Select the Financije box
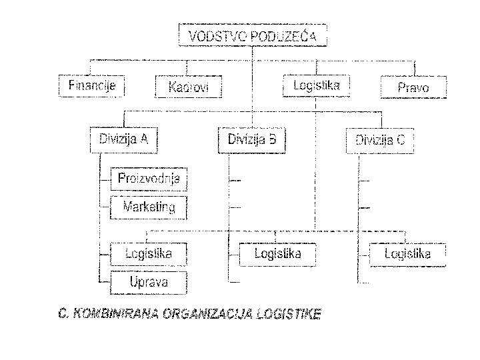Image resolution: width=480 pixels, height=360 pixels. pos(92,85)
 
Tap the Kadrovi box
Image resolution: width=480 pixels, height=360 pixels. pos(188,87)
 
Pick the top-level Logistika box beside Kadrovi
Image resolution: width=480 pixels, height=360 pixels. pos(316,85)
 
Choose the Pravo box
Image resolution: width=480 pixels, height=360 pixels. pos(413,87)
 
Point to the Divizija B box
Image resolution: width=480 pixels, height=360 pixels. pos(252,140)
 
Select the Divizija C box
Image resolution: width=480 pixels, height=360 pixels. pos(379,141)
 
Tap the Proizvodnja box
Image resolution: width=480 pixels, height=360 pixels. pos(148,179)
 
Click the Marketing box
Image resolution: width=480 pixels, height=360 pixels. pos(148,207)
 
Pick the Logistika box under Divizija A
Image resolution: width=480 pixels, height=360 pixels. pos(148,253)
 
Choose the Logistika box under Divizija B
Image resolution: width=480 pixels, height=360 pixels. pos(277,254)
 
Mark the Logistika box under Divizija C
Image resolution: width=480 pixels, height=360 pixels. pos(407,254)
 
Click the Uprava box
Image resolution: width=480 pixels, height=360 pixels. pos(148,282)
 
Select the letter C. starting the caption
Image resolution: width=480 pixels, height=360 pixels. pos(62,313)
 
